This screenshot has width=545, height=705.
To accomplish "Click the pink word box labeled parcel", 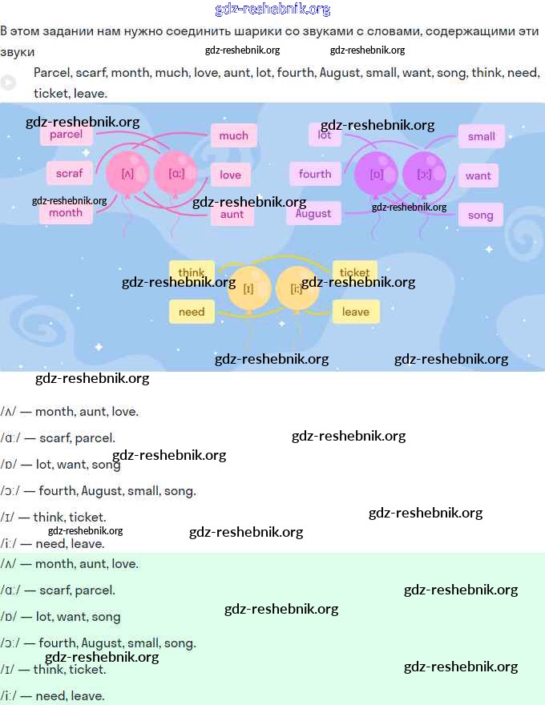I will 67,135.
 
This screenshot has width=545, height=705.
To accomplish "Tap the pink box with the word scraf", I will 70,172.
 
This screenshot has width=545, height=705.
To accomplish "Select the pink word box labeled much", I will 233,135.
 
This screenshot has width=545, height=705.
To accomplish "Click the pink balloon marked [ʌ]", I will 127,172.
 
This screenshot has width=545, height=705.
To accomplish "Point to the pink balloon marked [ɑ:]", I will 175,172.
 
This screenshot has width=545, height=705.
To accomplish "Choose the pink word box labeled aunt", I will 232,214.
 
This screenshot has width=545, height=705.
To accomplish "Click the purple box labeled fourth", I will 315,174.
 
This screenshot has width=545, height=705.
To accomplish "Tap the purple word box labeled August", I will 313,213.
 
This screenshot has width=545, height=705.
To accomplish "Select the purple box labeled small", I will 481,136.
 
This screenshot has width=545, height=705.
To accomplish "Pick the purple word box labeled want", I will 478,175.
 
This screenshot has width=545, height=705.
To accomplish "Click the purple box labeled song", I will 480,215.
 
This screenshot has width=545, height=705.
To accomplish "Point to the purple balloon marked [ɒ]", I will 377,173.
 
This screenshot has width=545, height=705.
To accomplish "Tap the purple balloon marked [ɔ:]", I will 424,173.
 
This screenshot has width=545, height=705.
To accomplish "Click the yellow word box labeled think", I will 192,272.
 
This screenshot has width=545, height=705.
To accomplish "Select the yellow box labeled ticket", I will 355,272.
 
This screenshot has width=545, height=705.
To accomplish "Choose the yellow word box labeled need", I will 192,312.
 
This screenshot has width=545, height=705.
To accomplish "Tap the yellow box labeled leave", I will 355,312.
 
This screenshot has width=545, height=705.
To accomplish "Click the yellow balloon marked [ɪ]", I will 248,288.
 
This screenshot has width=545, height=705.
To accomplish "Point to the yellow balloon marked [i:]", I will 297,288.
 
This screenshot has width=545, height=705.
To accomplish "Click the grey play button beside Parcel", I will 8,82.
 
